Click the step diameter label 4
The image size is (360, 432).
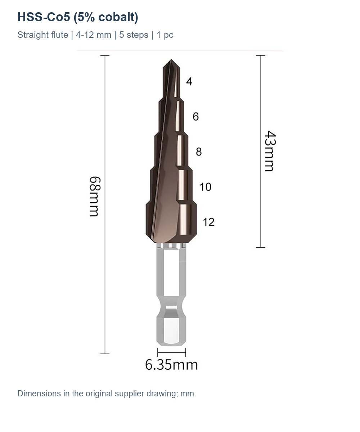[189, 81]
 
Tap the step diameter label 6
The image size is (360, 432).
[196, 117]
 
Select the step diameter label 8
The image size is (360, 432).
[199, 152]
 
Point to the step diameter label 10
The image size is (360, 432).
[206, 187]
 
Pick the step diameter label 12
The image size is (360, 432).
[208, 222]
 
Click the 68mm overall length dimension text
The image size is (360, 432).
[95, 196]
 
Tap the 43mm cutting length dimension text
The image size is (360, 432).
[270, 151]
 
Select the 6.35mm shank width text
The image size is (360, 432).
[171, 365]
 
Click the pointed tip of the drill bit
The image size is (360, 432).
[171, 60]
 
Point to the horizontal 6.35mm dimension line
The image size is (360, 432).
[171, 352]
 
